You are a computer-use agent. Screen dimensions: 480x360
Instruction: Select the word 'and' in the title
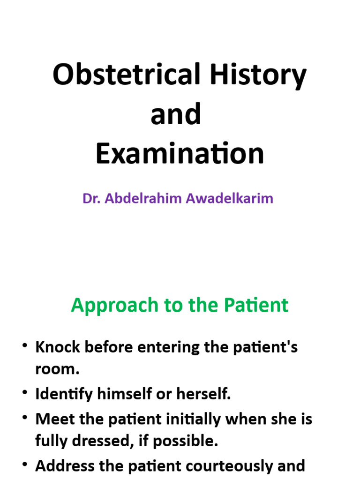176,114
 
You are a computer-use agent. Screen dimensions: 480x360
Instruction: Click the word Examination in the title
180,154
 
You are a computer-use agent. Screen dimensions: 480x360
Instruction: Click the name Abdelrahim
143,198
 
